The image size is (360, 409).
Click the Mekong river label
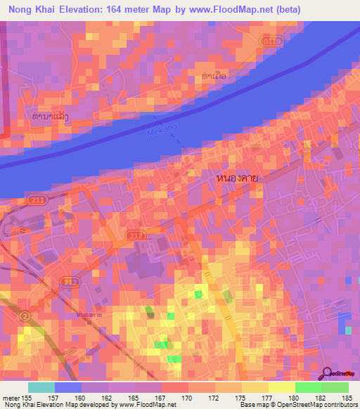pos(162,130)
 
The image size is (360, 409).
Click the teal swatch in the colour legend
pos(41,387)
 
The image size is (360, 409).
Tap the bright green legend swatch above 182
pos(308,387)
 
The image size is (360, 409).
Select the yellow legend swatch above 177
pos(282,387)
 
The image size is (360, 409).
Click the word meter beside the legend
pos(10,397)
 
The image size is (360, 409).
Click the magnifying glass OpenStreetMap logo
pos(327,374)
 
